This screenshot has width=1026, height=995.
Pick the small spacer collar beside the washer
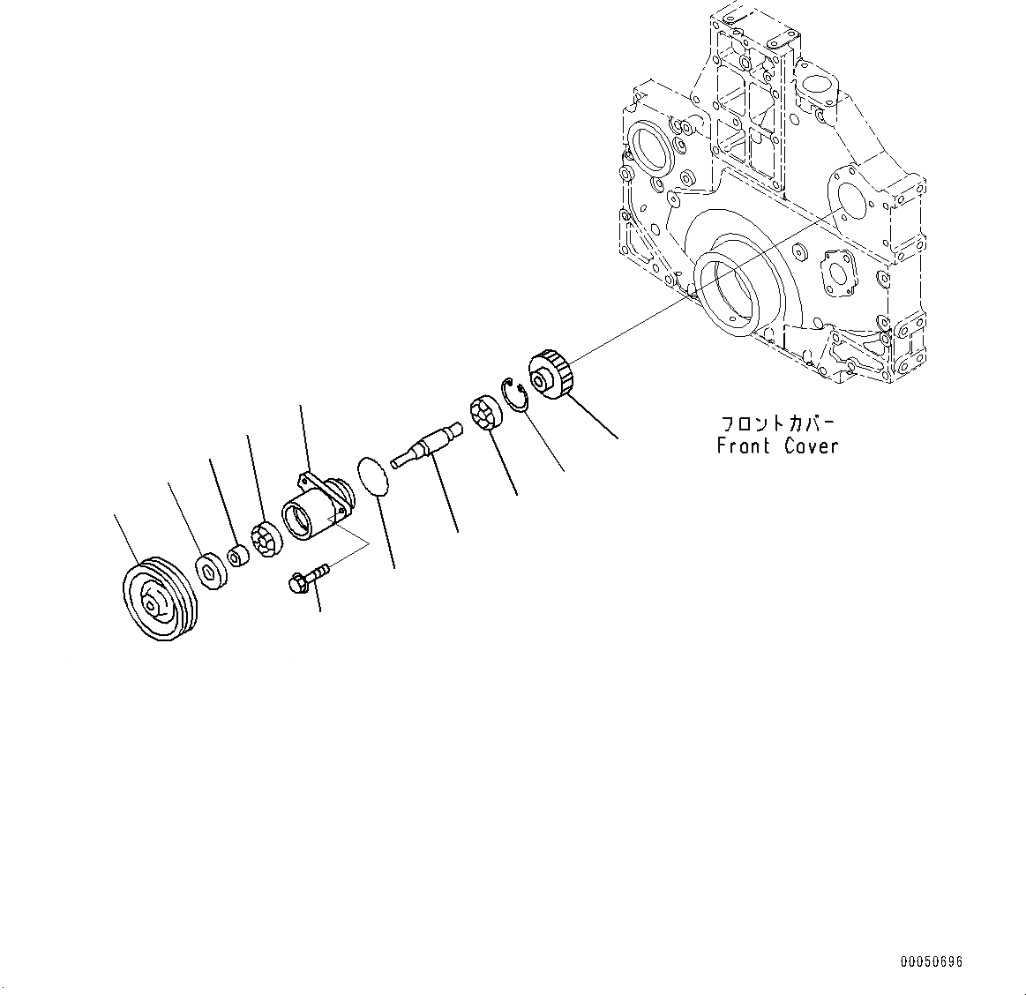(x=237, y=557)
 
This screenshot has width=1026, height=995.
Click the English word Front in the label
(x=744, y=446)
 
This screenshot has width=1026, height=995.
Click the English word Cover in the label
(x=811, y=446)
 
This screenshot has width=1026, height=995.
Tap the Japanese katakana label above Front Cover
(x=777, y=423)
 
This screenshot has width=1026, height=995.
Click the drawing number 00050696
(x=932, y=961)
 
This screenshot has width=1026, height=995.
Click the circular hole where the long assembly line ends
(x=849, y=204)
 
